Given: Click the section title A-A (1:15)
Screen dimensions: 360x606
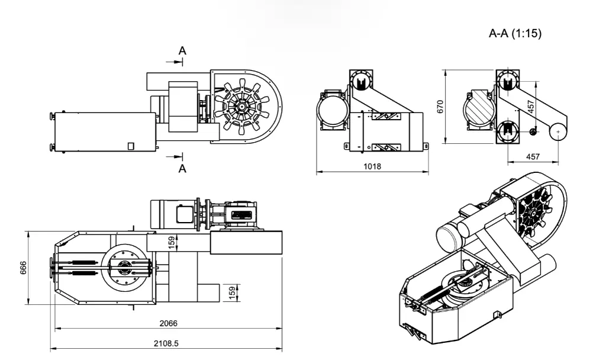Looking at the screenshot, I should click(515, 34).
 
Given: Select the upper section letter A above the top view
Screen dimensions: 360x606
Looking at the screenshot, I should click(183, 52).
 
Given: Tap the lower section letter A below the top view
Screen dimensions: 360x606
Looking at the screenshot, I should click(183, 169).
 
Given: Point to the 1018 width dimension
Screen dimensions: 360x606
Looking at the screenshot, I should click(372, 166).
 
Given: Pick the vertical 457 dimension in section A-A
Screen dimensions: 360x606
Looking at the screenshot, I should click(531, 107).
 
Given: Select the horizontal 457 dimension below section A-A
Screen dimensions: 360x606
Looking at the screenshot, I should click(533, 156).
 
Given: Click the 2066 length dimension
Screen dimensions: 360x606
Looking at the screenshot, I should click(168, 323).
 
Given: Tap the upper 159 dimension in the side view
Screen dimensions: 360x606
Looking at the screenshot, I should click(172, 242).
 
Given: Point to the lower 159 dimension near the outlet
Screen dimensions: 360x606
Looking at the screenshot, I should click(233, 291).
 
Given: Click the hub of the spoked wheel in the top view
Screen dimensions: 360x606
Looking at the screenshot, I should click(242, 107).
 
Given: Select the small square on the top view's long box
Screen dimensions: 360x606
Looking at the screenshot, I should click(131, 145).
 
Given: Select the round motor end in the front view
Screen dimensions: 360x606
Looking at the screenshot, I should click(331, 110).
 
